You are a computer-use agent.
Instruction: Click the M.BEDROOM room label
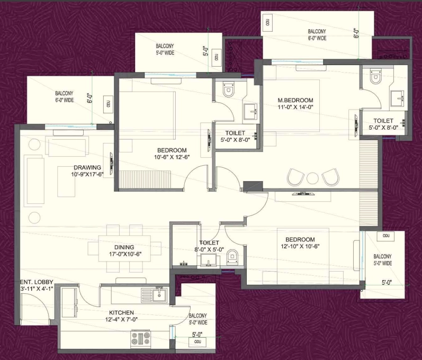tap(295, 100)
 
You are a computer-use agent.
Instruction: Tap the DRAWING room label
tap(87, 167)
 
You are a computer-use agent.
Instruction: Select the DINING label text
tap(124, 247)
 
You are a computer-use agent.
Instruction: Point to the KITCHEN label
tap(121, 313)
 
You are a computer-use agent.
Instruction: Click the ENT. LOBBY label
tap(37, 282)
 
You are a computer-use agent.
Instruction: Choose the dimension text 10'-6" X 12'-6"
tap(172, 157)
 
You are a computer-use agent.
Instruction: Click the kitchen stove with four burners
tap(140, 338)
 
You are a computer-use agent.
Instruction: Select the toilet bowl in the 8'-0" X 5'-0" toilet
tap(232, 256)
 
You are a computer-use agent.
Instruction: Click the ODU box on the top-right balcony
tap(267, 22)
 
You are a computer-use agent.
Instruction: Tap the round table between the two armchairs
tap(312, 178)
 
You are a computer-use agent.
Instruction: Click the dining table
tap(124, 248)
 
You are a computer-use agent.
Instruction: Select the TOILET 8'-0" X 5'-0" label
tap(209, 246)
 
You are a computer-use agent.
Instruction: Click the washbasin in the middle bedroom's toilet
tap(250, 111)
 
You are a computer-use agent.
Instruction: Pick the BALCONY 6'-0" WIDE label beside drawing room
tap(64, 96)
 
